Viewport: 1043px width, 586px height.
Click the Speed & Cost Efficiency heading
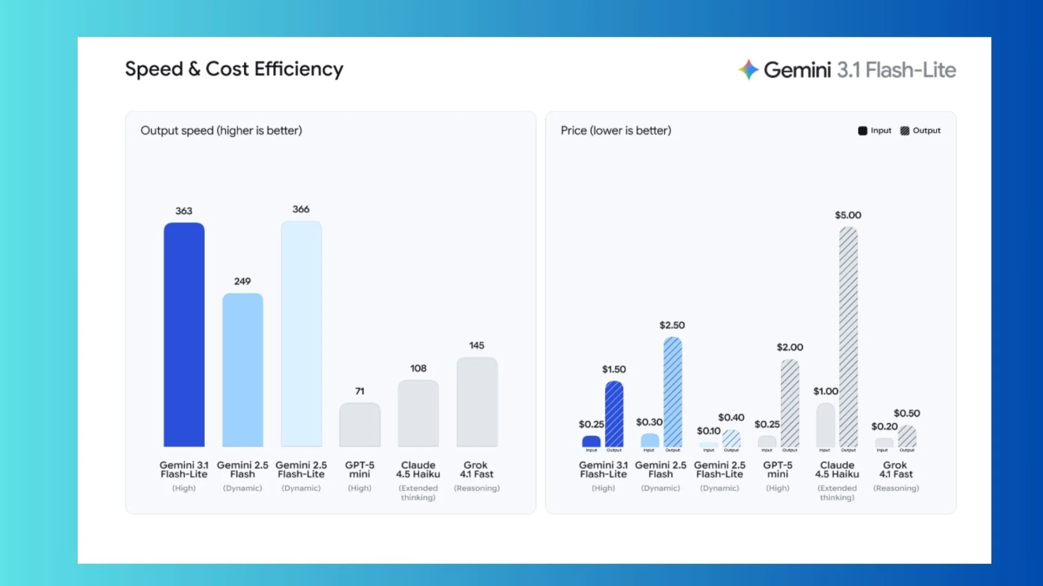(234, 69)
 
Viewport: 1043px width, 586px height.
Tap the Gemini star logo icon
(749, 69)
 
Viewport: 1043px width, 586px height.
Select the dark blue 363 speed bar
(184, 334)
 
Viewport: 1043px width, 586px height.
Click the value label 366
(301, 209)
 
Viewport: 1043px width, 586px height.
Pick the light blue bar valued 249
(243, 370)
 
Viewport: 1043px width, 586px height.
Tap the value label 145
(476, 346)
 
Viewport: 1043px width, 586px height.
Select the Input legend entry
(875, 131)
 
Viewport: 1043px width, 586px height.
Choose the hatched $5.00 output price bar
(848, 336)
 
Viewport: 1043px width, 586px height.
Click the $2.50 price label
(672, 326)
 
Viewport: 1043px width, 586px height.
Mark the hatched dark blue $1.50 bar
(614, 413)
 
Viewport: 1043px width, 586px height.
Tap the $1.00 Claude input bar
(825, 425)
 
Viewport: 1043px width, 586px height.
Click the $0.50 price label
(907, 413)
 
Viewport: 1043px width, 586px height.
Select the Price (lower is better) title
(615, 131)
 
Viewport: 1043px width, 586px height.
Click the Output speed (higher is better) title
(221, 131)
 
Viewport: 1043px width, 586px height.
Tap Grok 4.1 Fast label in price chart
(896, 469)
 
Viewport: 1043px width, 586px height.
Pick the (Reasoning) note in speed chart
(476, 488)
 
